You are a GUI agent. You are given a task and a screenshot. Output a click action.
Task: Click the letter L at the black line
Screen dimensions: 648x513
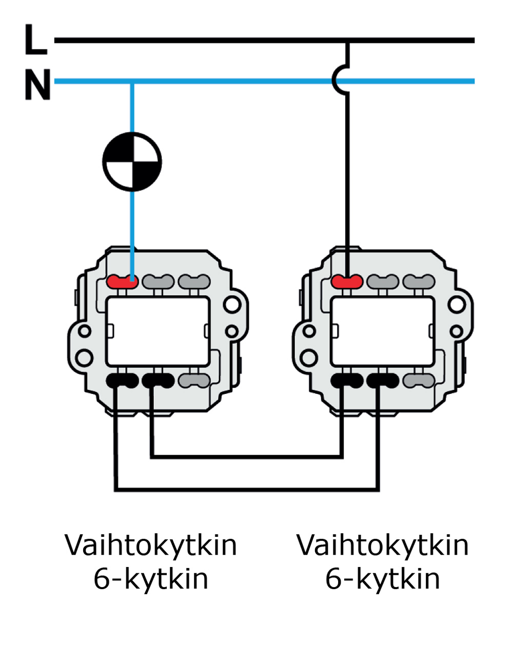point(35,40)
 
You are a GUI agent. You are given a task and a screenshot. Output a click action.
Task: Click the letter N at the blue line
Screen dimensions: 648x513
point(37,85)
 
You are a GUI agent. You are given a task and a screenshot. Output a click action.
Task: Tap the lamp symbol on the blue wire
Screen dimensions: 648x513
point(132,162)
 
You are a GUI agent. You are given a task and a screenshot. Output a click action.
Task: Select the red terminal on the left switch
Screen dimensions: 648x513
point(123,281)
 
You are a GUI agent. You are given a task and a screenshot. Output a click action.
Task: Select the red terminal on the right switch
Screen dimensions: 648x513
point(347,281)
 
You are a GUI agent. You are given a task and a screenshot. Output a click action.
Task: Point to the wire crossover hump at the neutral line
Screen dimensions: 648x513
point(340,80)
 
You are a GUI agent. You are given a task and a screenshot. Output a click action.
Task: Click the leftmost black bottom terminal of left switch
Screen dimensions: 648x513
point(122,381)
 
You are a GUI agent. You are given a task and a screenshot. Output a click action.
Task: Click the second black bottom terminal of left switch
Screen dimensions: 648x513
point(158,381)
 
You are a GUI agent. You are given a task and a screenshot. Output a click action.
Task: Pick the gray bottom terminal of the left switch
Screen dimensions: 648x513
point(194,381)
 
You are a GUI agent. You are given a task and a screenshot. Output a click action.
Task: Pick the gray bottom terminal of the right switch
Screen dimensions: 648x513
point(419,381)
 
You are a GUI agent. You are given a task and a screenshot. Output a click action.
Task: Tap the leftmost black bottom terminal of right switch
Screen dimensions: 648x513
point(347,381)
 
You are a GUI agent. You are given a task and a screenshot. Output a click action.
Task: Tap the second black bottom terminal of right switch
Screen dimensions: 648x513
point(383,381)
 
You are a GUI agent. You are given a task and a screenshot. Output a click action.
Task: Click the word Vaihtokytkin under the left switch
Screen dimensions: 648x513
point(151,545)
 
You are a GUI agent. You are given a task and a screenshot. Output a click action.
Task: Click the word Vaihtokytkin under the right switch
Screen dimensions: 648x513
point(383,545)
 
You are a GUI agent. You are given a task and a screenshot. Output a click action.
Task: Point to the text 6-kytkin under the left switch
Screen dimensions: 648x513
point(151,579)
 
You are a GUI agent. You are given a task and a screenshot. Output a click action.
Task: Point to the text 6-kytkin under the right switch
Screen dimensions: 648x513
point(383,579)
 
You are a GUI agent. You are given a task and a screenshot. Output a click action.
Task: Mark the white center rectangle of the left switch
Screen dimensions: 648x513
point(158,331)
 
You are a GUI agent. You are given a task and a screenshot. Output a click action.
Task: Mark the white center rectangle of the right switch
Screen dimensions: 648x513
point(383,331)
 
